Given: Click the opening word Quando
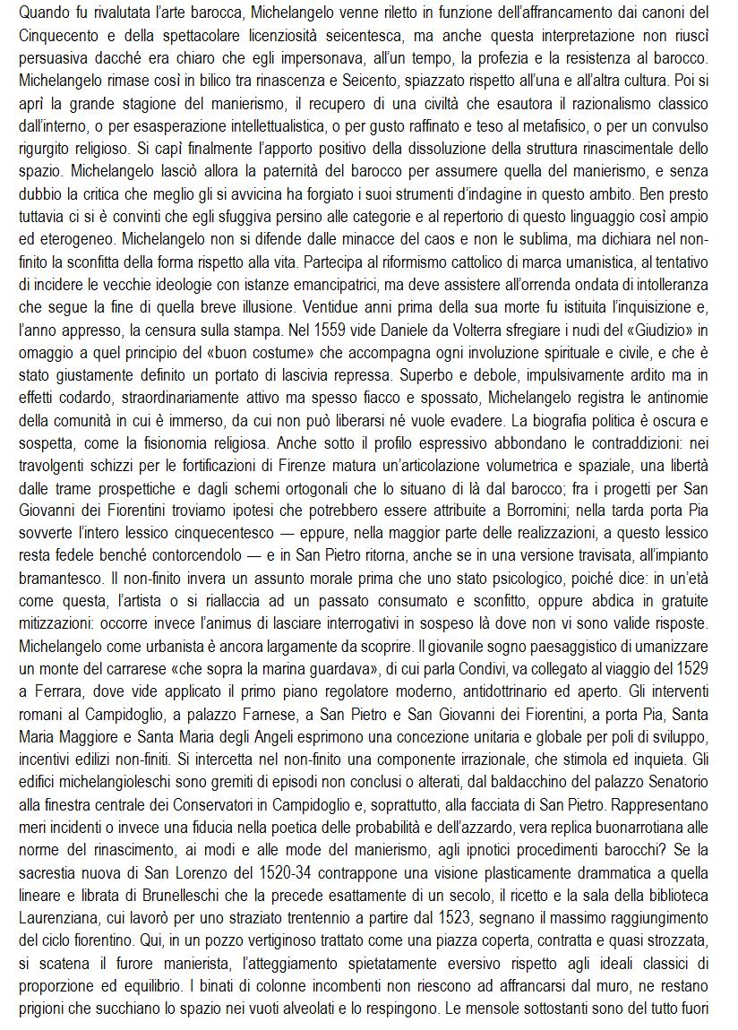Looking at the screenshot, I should coord(44,13).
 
